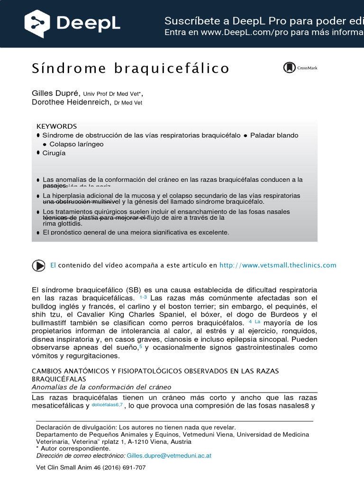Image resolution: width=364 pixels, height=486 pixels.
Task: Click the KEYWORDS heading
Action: [x=56, y=126]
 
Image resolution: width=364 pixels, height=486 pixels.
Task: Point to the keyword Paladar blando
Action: [x=274, y=135]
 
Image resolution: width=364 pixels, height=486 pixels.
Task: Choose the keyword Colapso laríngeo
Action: [x=76, y=144]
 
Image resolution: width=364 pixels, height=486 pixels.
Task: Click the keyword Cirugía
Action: [x=54, y=153]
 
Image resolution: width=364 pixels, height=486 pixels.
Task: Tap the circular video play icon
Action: [x=38, y=265]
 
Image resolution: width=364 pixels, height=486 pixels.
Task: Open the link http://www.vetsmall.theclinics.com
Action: [x=278, y=265]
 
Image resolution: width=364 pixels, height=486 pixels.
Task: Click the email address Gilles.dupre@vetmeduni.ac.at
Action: [x=169, y=456]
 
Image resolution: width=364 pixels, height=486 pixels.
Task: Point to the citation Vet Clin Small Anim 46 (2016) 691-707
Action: [x=91, y=467]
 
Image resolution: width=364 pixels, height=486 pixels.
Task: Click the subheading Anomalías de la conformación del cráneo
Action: [x=101, y=387]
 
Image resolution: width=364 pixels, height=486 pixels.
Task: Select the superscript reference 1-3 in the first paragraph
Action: [x=143, y=297]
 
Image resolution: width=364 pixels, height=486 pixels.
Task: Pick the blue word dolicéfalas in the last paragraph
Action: [x=105, y=405]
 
